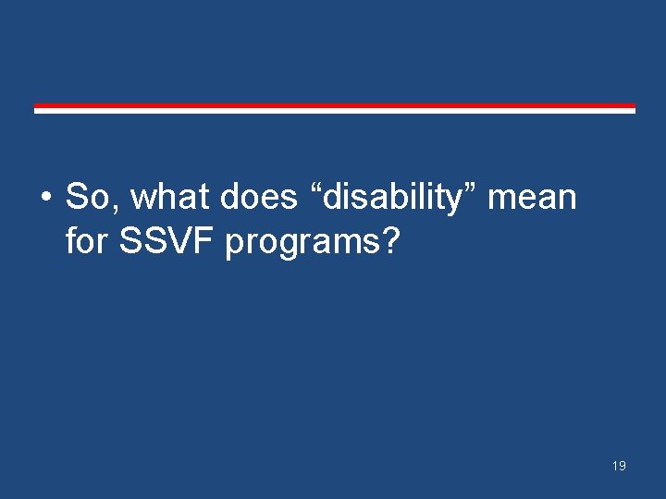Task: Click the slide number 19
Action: coord(618,466)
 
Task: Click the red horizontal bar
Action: coord(335,105)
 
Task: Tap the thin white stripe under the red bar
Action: coord(335,111)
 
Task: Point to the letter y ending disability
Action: coord(460,201)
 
